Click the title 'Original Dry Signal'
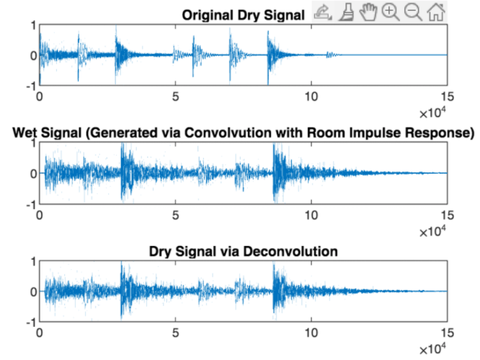tap(244, 14)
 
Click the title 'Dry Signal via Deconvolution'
tap(244, 252)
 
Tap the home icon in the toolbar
tap(435, 12)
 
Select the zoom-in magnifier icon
tap(391, 12)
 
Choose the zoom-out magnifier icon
tap(413, 12)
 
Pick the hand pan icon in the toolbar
tap(369, 12)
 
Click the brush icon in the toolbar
tap(347, 12)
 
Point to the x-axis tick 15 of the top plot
tap(447, 95)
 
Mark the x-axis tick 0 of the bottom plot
tap(39, 332)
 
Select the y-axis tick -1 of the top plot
tap(30, 86)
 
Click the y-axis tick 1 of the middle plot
tap(32, 143)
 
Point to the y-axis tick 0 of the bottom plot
tap(32, 291)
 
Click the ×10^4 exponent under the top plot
tap(434, 113)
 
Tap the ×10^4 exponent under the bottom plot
tap(434, 349)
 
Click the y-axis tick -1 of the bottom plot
tap(30, 322)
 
